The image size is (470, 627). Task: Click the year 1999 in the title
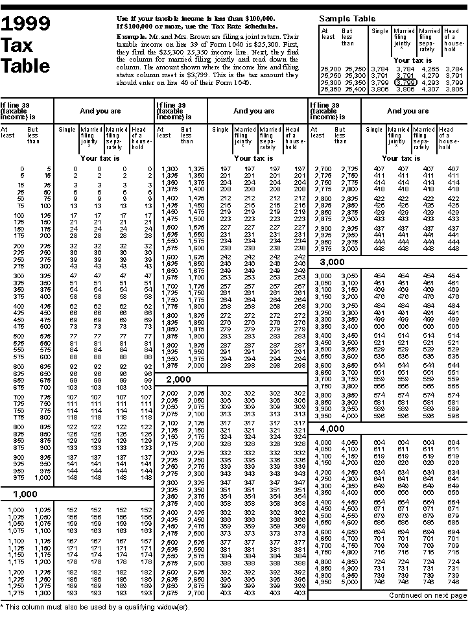[x=25, y=24]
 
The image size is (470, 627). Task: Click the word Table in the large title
[x=25, y=65]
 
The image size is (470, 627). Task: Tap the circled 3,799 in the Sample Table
[x=405, y=82]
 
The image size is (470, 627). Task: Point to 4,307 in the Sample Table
[x=430, y=89]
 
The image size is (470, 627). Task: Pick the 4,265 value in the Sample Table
[x=430, y=68]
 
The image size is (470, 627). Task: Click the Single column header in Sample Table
[x=380, y=31]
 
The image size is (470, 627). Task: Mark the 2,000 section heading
[x=178, y=379]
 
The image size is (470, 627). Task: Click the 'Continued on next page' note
[x=427, y=595]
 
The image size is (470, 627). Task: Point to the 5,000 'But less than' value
[x=349, y=582]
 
